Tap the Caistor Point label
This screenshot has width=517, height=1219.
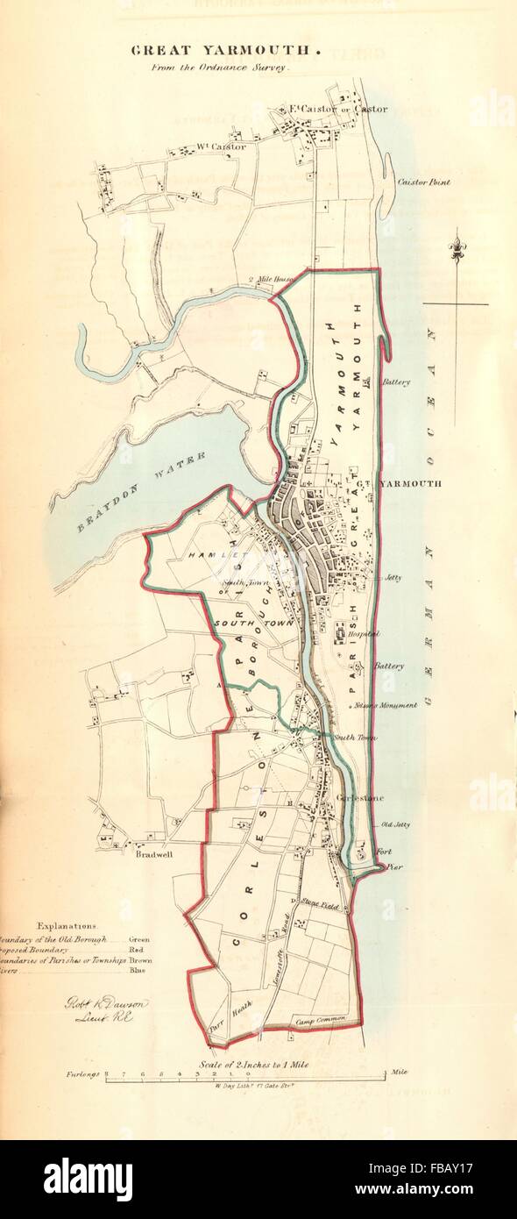(x=424, y=182)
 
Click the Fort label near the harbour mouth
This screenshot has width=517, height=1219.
(x=382, y=850)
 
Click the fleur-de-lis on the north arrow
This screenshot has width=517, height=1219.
(x=456, y=249)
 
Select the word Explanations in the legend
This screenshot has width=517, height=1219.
(x=68, y=924)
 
